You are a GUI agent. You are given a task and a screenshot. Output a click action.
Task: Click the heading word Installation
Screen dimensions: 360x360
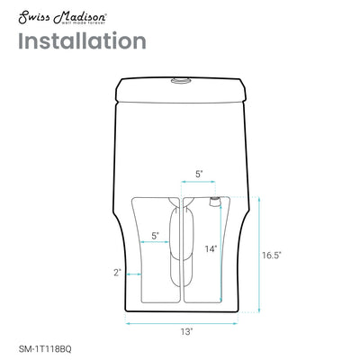81,40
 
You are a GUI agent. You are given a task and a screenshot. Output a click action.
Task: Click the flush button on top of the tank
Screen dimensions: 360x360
181,82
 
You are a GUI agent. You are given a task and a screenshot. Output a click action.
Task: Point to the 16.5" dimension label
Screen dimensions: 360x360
272,255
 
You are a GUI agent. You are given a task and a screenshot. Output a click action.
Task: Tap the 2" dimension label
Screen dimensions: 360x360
117,272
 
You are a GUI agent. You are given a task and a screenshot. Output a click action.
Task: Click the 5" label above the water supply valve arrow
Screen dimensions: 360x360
199,175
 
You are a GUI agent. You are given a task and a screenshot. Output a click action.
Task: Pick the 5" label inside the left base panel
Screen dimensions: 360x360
156,235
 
